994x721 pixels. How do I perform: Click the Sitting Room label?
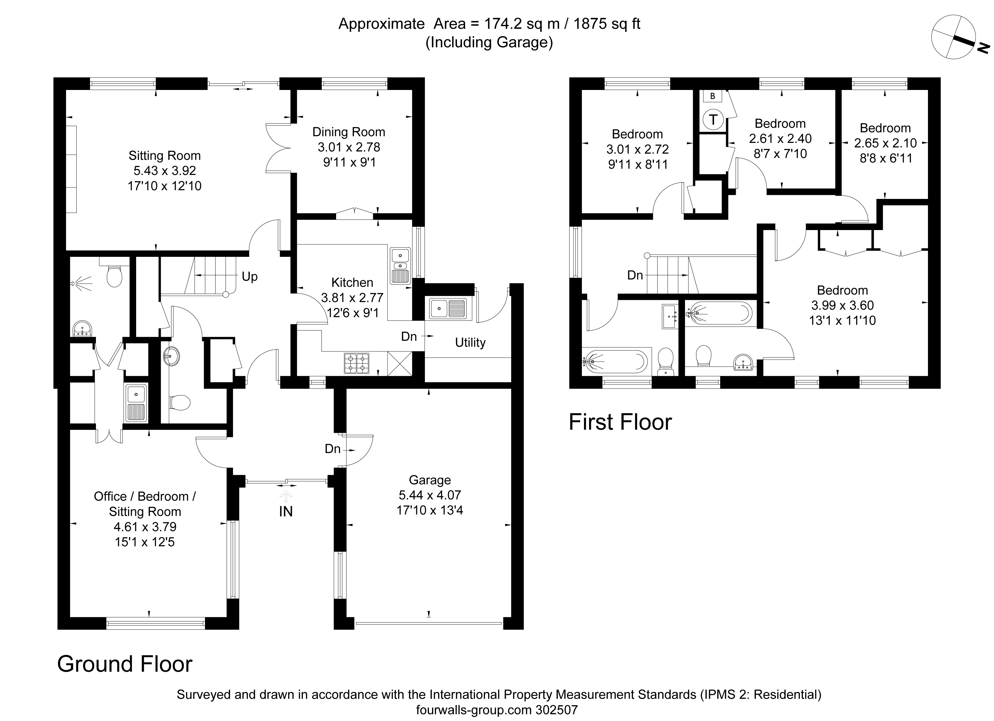164,156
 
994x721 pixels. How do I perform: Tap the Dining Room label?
349,132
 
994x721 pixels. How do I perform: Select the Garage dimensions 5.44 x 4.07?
430,495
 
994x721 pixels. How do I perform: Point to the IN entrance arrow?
286,496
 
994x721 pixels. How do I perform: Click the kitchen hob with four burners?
356,363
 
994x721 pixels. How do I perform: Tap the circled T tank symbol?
713,119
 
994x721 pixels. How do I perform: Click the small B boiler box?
713,96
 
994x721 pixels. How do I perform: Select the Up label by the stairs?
250,277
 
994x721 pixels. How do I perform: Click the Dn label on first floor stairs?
635,275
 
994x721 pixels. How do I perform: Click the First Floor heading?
620,422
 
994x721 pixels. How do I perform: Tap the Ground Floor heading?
125,664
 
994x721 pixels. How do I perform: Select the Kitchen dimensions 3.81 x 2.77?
352,298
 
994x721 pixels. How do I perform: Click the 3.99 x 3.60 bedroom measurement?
842,305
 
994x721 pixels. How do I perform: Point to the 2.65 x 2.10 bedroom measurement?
885,143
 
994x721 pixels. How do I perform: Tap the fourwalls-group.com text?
474,709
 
